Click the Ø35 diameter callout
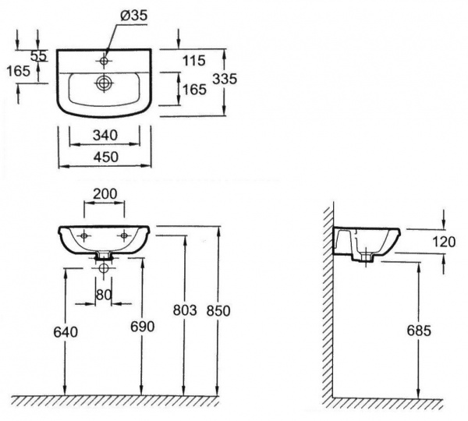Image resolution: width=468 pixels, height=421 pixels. point(134,16)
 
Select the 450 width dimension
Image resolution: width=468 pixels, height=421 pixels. point(106,157)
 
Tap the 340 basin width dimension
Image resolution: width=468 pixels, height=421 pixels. point(105,136)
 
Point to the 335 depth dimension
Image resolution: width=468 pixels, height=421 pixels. point(225,79)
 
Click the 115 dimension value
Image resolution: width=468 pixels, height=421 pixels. point(194,61)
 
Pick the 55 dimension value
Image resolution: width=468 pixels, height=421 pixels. point(39,56)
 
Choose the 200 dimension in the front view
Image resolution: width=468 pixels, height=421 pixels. point(105,194)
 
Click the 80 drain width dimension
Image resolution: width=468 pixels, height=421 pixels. point(104,295)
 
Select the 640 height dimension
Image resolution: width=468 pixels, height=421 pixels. point(66,332)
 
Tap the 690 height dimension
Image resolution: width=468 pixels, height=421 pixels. point(143,327)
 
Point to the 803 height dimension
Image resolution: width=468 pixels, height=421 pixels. point(185,310)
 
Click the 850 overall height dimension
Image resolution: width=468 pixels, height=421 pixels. point(218,311)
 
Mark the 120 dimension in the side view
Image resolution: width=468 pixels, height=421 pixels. point(444,242)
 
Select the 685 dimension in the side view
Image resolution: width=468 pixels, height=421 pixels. point(419,331)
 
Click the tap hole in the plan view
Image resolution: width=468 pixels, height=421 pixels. point(105,61)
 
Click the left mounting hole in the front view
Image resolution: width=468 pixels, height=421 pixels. point(84,236)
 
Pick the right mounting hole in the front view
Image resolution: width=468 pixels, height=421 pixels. point(124,235)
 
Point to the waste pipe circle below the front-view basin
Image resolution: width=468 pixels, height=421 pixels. point(104,268)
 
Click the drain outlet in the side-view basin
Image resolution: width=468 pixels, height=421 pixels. point(367,258)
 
